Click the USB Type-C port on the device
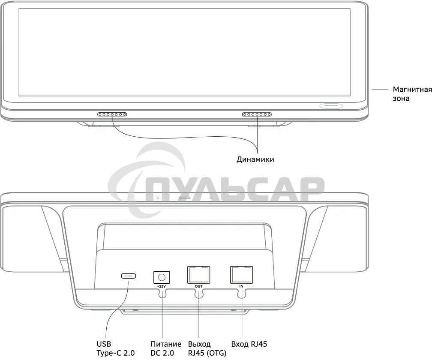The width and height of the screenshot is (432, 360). pyautogui.click(x=129, y=276)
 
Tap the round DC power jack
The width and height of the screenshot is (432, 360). pyautogui.click(x=162, y=277)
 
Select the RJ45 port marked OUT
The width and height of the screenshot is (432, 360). pyautogui.click(x=198, y=275)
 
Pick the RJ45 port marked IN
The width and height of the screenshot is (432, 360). pyautogui.click(x=241, y=275)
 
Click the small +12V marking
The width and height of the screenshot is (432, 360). pyautogui.click(x=162, y=286)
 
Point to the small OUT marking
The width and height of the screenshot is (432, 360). pyautogui.click(x=199, y=286)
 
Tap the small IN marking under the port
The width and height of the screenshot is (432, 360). pyautogui.click(x=241, y=286)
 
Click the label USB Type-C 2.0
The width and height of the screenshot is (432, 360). pyautogui.click(x=116, y=348)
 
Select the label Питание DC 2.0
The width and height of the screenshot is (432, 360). pyautogui.click(x=166, y=348)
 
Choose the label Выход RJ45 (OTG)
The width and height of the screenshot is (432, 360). pyautogui.click(x=207, y=348)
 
